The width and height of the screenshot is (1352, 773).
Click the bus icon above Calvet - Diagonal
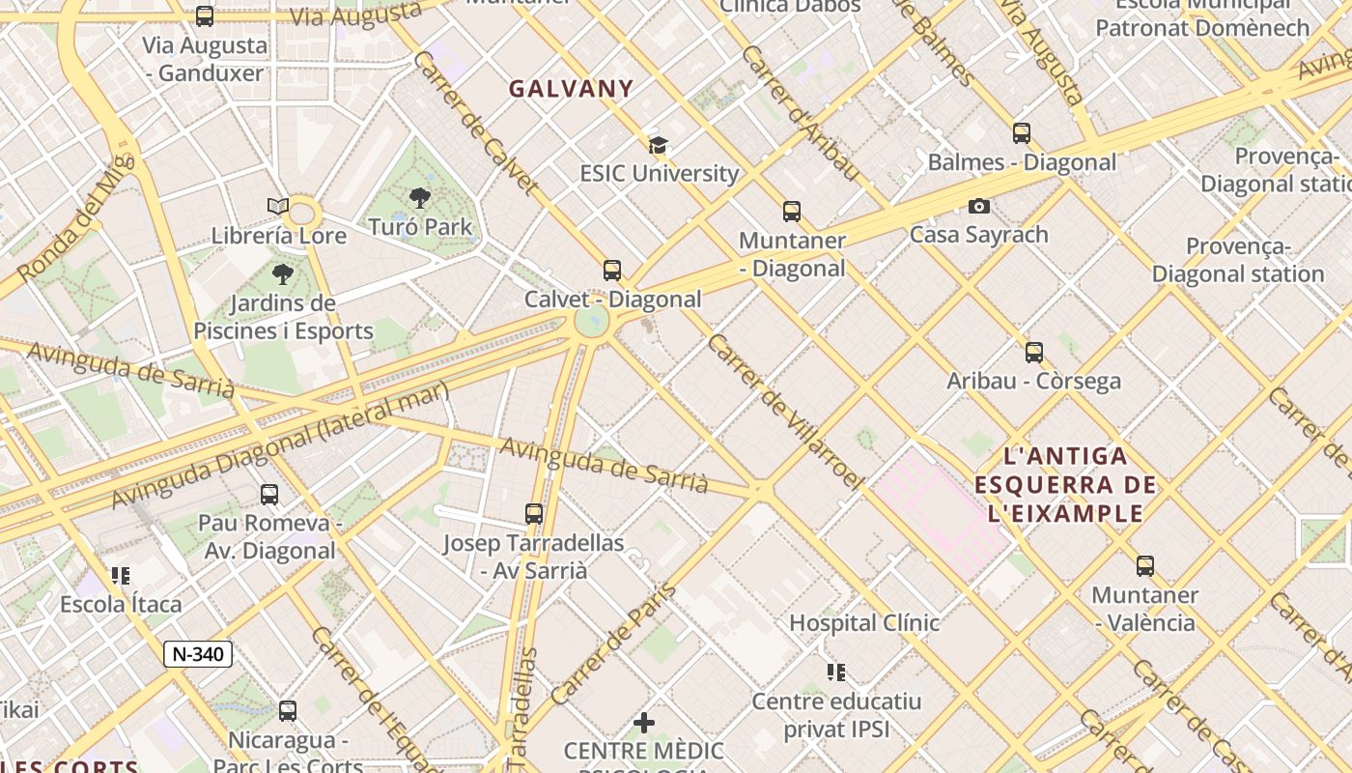click(612, 271)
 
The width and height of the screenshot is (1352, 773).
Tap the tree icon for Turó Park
click(420, 199)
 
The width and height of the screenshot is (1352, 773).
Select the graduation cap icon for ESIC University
click(658, 146)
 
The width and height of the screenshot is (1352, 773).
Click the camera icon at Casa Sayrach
click(979, 206)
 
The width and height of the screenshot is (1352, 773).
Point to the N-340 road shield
click(198, 654)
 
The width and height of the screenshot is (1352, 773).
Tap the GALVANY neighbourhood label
click(572, 89)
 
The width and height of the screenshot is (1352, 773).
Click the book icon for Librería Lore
click(278, 206)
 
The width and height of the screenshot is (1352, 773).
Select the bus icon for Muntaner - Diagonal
click(792, 212)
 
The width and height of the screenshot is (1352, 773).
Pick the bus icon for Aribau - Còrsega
click(1034, 353)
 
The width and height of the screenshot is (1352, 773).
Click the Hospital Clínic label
click(864, 623)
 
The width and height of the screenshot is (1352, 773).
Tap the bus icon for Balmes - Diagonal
click(1022, 133)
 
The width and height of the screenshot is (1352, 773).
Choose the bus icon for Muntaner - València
click(1145, 566)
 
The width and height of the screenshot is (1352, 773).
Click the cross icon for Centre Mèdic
click(644, 723)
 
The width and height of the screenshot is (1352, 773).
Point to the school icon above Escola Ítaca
click(121, 576)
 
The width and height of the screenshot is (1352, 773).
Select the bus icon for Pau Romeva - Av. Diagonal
click(269, 495)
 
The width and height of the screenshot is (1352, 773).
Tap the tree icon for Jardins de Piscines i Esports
click(283, 274)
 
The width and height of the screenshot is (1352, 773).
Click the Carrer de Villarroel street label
click(783, 411)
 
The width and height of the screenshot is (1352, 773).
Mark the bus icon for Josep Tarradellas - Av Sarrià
click(534, 514)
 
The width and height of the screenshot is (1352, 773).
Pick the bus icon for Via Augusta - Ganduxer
click(205, 16)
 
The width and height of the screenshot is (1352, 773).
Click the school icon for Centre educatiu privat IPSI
click(836, 672)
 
